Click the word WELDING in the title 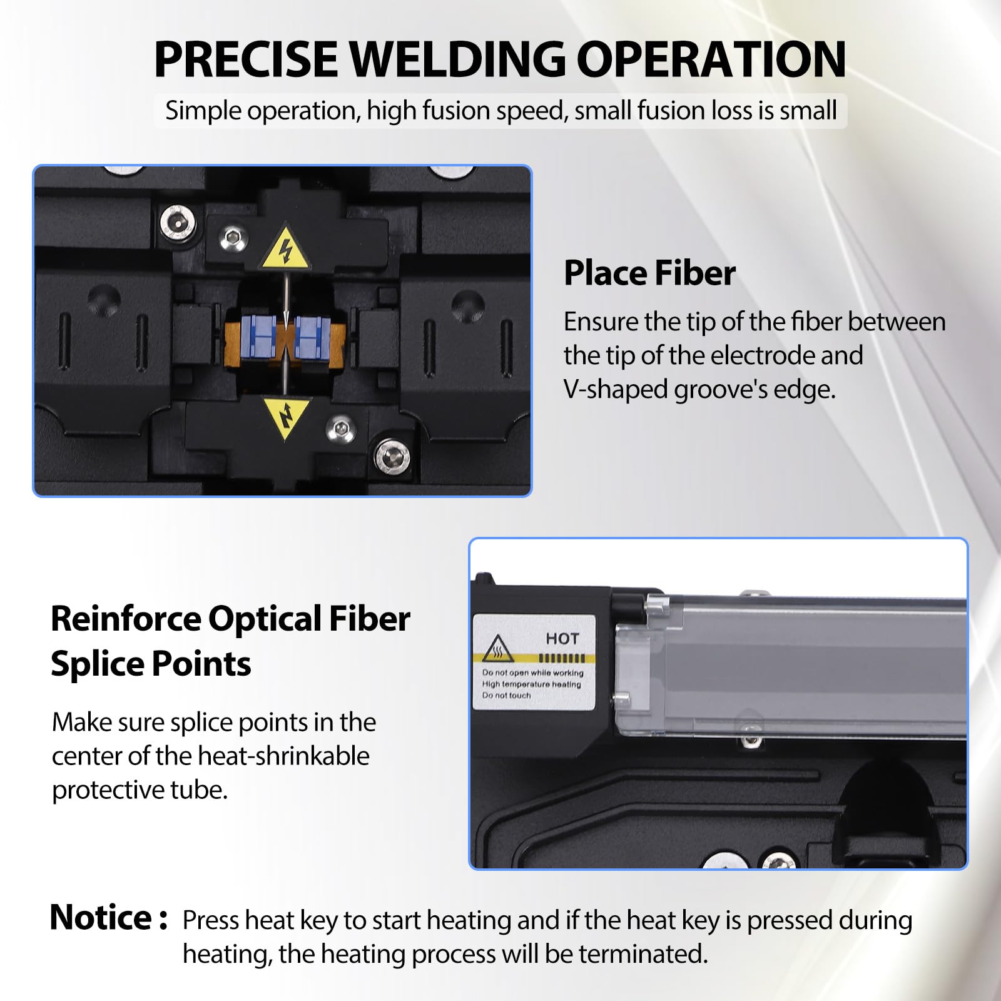tap(457, 59)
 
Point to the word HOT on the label tap(562, 639)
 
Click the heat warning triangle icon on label tap(498, 649)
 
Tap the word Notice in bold tap(101, 918)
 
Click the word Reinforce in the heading tap(124, 619)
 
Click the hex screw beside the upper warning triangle tap(233, 238)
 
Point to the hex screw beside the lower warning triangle tap(341, 429)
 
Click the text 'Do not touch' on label tap(506, 695)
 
